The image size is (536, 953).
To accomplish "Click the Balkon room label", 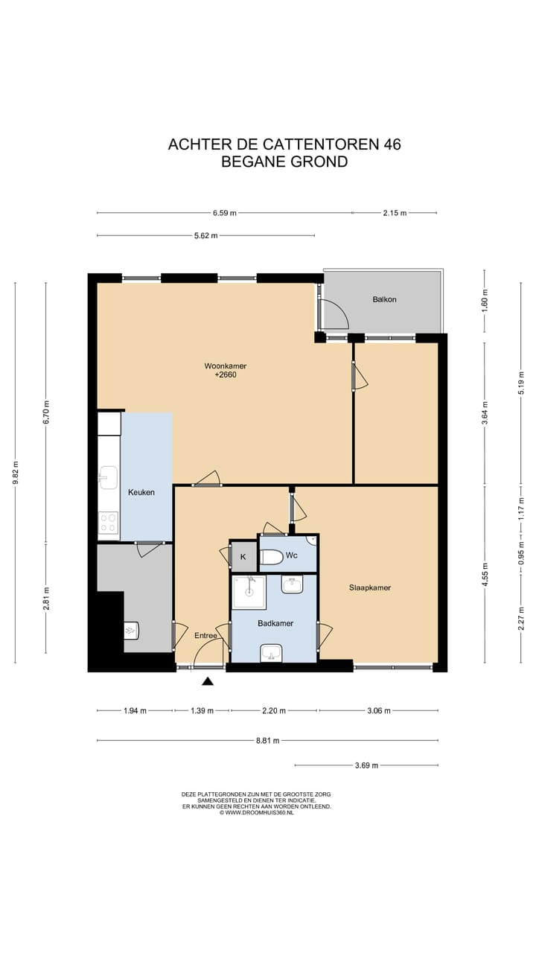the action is coord(384,299).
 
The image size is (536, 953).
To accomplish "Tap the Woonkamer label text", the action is coord(226,366).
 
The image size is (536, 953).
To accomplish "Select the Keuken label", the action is coord(141,492).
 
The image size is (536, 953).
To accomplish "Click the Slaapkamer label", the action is coord(370,587).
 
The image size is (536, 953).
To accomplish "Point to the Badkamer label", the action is coord(275,623).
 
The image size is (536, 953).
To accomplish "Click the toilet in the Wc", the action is coord(271,557).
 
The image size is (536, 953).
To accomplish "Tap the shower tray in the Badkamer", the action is coord(249,592).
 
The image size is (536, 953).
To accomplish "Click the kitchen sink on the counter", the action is coord(108,477).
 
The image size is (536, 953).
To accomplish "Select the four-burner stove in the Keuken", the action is coord(108,523).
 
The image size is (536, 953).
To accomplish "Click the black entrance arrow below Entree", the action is coord(208,681).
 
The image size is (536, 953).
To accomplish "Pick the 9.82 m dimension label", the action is coord(16,472).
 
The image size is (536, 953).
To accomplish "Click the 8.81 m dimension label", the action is coord(267,741).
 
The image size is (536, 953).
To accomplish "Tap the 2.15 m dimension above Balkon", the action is coord(395,213).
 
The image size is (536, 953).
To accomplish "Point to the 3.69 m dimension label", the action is coord(366,765).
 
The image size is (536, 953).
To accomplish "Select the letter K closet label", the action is coord(243,557).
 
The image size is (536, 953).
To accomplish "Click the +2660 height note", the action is coord(226,374).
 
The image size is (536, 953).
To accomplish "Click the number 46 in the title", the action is coord(392,144).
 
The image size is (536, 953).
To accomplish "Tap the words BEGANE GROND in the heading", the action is coord(284,162).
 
